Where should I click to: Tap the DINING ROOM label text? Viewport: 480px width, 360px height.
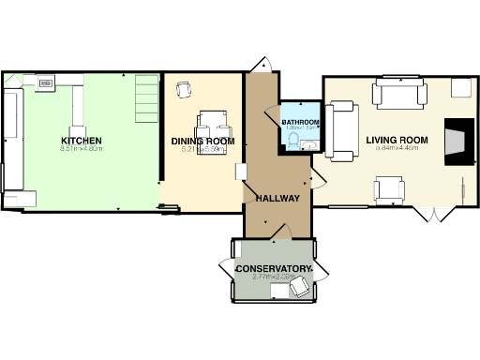tap(202, 142)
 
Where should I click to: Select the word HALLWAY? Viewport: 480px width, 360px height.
tap(277, 199)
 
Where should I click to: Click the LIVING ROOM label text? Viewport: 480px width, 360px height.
tap(397, 141)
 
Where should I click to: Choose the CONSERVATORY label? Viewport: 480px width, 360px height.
tap(273, 270)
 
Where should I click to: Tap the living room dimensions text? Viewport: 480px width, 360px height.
tap(397, 149)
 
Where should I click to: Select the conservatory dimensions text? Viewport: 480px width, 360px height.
tap(273, 278)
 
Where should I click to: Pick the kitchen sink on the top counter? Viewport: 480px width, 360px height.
tap(46, 83)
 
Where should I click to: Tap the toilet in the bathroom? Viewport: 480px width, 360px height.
tap(292, 142)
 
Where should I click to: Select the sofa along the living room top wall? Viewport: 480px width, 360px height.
tap(400, 94)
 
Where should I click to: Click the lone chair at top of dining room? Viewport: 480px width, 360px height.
tap(184, 89)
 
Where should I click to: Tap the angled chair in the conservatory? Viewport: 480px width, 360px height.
tap(299, 290)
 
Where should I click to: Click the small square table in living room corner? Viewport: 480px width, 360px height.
tap(460, 88)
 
